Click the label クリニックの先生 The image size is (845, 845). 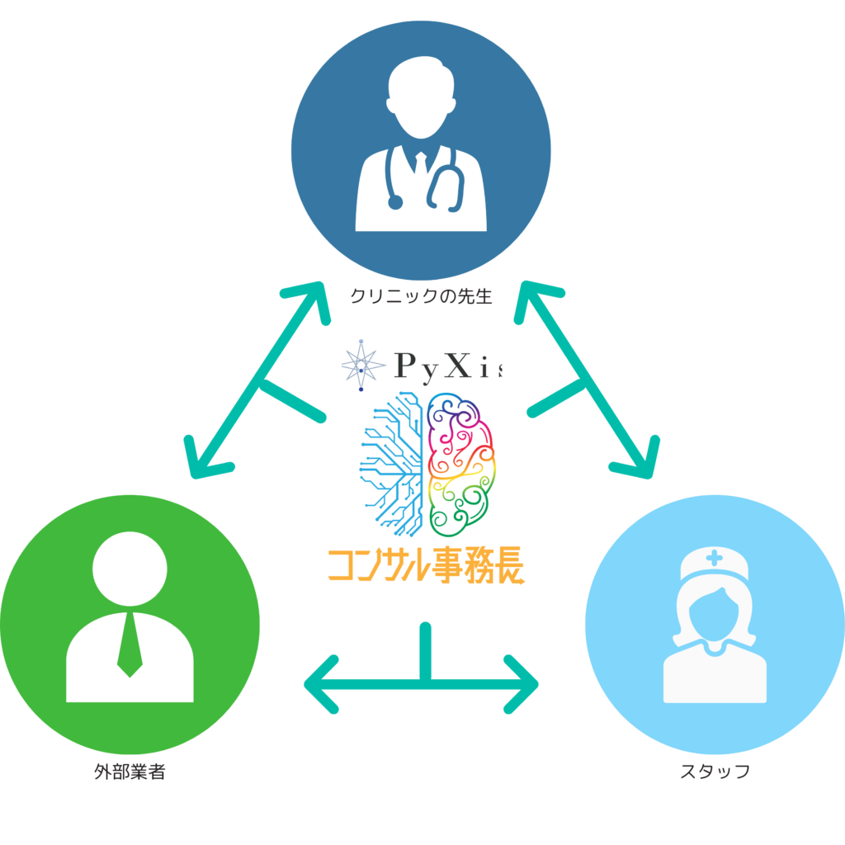click(421, 295)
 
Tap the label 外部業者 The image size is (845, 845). click(130, 773)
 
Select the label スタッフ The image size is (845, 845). click(715, 772)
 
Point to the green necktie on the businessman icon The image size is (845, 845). click(130, 644)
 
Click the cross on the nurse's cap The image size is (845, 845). click(715, 559)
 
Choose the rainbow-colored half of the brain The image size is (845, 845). click(462, 462)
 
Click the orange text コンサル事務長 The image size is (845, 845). click(426, 568)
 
